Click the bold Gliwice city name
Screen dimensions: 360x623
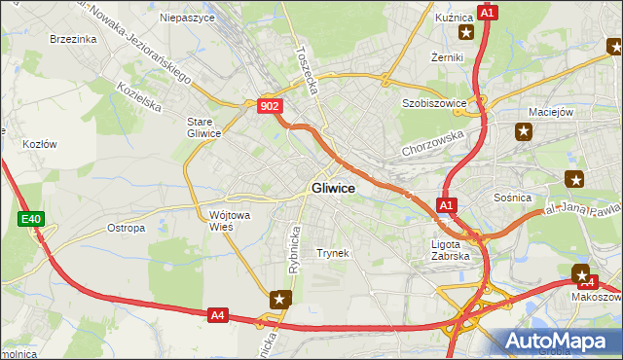click(332, 188)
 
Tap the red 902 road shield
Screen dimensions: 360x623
click(271, 106)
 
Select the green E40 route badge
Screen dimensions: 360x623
click(30, 220)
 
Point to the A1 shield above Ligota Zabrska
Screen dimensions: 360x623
click(446, 205)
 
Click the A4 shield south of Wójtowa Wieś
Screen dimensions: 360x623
click(218, 314)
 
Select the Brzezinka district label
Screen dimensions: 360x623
click(73, 39)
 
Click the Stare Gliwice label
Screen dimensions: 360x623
click(204, 127)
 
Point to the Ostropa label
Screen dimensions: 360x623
click(126, 228)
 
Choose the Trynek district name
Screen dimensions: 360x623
click(332, 253)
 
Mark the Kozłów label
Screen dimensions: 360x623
click(39, 143)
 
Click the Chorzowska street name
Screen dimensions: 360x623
click(433, 145)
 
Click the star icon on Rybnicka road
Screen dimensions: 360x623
click(280, 300)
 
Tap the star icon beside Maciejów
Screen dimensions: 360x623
click(524, 131)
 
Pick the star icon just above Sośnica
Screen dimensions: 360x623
click(575, 178)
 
